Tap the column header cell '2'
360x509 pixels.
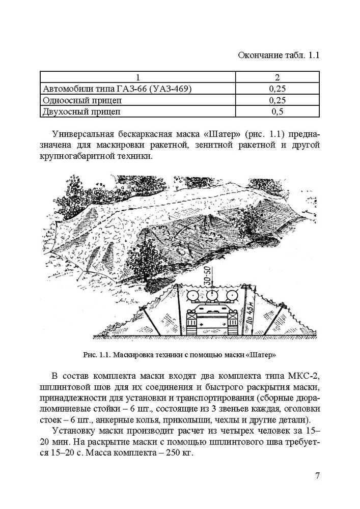[277, 77]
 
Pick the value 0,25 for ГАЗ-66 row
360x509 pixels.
[277, 89]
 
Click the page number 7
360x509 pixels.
[318, 476]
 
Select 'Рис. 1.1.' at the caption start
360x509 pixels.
[96, 353]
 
